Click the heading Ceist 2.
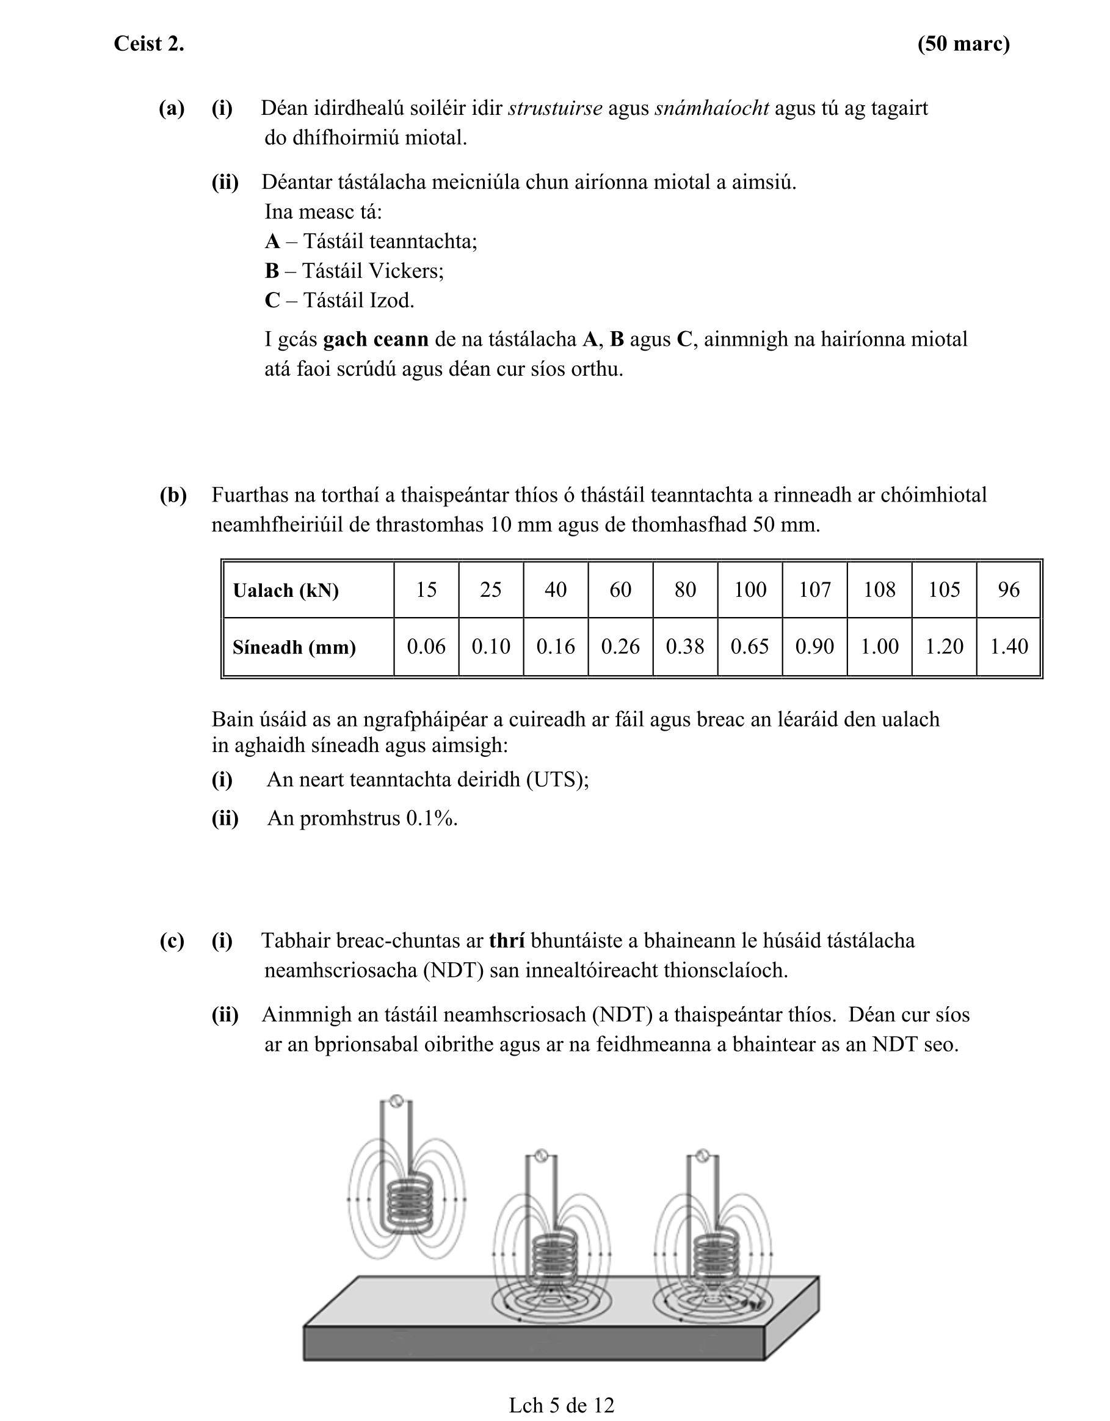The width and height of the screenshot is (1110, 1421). point(149,43)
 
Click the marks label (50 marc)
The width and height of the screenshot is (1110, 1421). point(963,43)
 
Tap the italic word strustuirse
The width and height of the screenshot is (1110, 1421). point(554,108)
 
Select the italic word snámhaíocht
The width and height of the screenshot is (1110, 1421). point(711,108)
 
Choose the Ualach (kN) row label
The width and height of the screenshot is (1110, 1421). point(286,590)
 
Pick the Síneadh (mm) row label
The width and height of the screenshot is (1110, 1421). point(294,647)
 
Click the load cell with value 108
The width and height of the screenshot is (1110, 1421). point(879,590)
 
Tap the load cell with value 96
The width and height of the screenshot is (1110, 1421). point(1009,590)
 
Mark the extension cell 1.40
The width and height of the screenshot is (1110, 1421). point(1009,646)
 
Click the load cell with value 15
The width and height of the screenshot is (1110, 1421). point(426,590)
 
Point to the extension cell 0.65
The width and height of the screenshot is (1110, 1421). point(750,646)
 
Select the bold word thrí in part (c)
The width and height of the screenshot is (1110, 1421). point(507,941)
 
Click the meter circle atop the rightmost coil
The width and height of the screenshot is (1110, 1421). point(701,1155)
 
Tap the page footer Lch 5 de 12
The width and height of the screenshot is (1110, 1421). point(561,1405)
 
